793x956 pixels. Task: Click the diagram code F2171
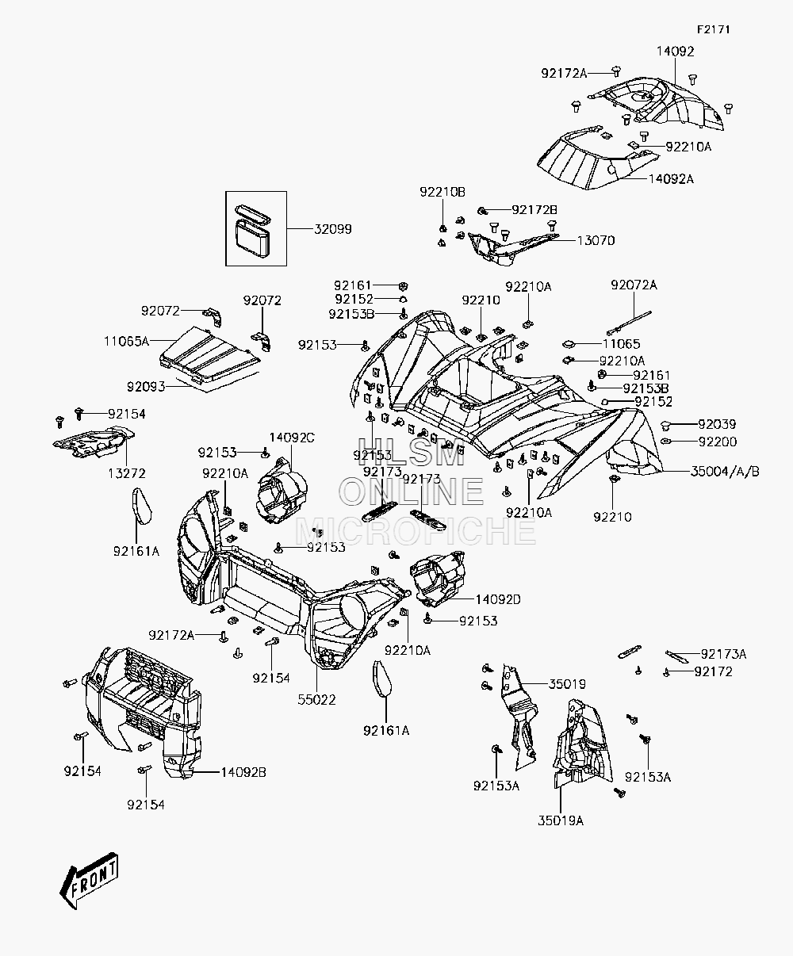[713, 30]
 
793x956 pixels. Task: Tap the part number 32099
[332, 229]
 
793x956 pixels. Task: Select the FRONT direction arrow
[89, 880]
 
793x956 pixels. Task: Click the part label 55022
[316, 700]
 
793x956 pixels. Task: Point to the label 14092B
[243, 772]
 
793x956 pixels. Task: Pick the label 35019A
[561, 821]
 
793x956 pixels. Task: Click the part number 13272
[126, 473]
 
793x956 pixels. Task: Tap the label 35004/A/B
[725, 471]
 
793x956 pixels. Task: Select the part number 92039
[717, 424]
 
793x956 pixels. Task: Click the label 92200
[718, 442]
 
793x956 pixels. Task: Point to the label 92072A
[634, 285]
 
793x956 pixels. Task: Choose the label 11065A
[126, 341]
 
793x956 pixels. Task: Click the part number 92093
[146, 387]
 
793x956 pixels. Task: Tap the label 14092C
[292, 438]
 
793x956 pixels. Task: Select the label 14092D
[498, 599]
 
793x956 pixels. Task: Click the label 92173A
[724, 654]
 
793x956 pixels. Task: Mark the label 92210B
[442, 193]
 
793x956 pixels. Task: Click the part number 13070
[596, 240]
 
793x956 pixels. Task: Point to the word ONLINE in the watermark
[412, 491]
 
